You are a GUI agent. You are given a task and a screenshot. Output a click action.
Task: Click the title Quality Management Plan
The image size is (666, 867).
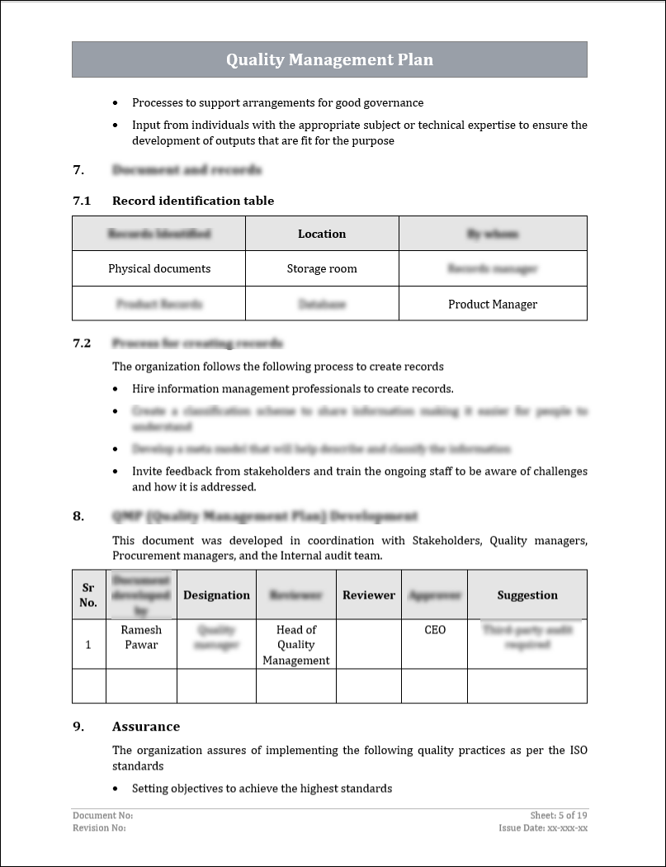(x=329, y=59)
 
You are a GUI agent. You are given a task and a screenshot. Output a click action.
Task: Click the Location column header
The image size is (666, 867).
(x=322, y=234)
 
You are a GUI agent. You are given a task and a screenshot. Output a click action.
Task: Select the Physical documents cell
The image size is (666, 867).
(x=159, y=268)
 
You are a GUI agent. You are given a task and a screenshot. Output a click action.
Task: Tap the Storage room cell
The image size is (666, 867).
(x=322, y=268)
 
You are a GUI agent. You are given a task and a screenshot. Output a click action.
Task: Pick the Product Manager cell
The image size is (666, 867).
(x=493, y=304)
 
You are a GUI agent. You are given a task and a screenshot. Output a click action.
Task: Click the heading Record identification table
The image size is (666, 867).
(x=193, y=201)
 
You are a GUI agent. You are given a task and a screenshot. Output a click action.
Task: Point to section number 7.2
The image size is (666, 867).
(x=82, y=343)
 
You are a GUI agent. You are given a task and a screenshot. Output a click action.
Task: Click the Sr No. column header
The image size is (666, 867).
(x=88, y=595)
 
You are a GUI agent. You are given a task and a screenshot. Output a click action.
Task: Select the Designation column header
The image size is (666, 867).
(x=216, y=595)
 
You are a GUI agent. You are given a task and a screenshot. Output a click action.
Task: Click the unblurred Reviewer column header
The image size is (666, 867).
(x=369, y=595)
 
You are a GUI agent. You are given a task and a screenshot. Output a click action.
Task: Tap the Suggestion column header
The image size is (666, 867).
(x=527, y=595)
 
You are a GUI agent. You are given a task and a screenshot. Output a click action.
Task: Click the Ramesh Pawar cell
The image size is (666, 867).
(x=141, y=637)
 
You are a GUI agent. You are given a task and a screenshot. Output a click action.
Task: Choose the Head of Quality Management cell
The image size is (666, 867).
(x=296, y=644)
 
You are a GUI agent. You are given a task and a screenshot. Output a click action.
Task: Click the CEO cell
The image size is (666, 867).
(x=435, y=630)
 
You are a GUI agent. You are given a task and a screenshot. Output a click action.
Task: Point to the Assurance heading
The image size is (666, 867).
(x=146, y=727)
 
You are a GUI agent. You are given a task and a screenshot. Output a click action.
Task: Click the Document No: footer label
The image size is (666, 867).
(x=102, y=815)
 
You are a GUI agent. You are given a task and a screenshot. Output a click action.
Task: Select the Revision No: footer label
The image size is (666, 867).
(x=99, y=827)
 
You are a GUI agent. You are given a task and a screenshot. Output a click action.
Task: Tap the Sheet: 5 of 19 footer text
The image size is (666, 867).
(x=559, y=815)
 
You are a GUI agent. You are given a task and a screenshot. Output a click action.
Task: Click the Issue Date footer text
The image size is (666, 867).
(x=543, y=827)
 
